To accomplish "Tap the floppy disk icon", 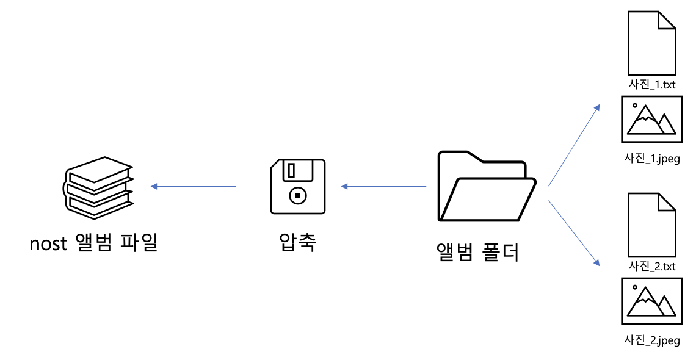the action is click(297, 187).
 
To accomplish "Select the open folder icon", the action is click(486, 187).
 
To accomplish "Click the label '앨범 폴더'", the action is click(478, 251).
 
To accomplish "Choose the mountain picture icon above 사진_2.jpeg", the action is click(652, 300).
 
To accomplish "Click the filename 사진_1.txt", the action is click(652, 85).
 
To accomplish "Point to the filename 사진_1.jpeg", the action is click(652, 159).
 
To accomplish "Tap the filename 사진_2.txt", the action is click(652, 266).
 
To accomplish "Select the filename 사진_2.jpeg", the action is click(652, 340).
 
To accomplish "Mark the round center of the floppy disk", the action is click(297, 196).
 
